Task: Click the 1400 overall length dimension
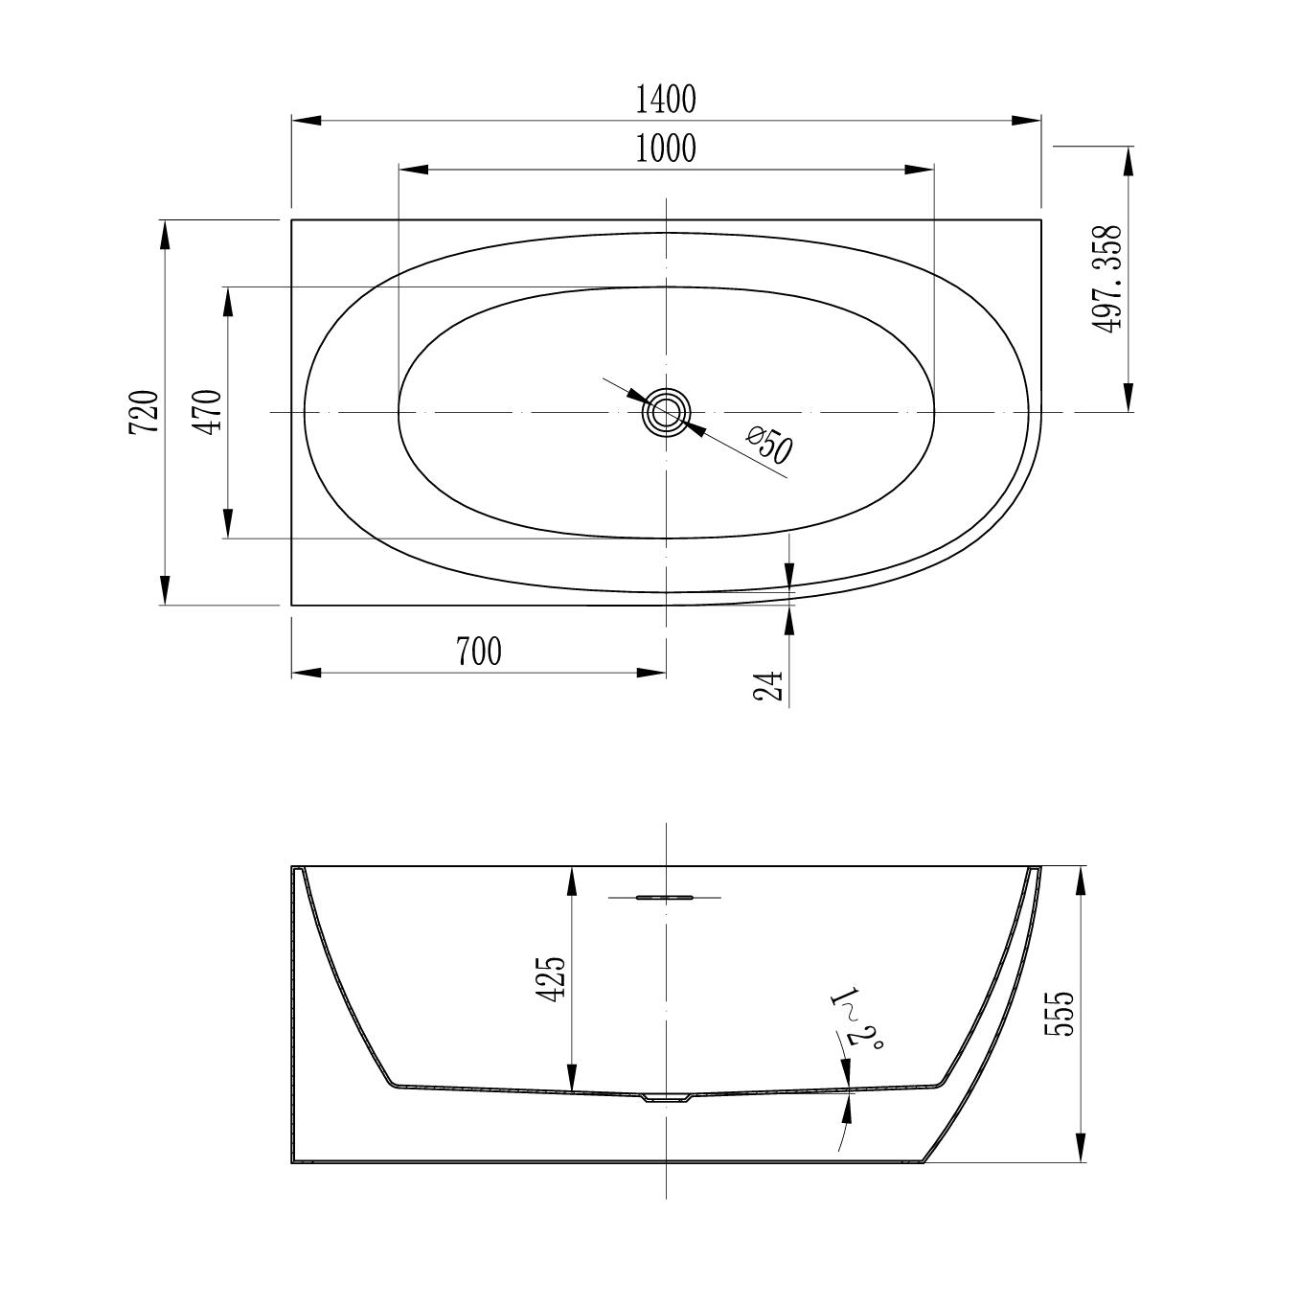pos(666,98)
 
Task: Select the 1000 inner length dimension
pos(666,149)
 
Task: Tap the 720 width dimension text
pos(144,412)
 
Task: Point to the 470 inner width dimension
pos(208,411)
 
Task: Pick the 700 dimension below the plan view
pos(478,652)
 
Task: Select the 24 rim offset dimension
pos(769,685)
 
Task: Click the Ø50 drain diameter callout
pos(768,446)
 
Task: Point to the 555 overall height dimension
pos(1061,1013)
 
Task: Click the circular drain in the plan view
pos(665,413)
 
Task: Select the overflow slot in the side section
pos(665,898)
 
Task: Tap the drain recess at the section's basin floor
pos(666,1098)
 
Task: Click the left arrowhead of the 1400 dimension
pos(306,121)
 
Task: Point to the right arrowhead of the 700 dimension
pos(651,673)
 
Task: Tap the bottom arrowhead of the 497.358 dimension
pos(1129,397)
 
